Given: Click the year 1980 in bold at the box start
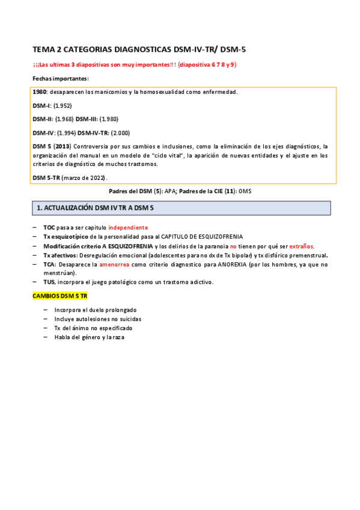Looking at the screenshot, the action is click(40, 92).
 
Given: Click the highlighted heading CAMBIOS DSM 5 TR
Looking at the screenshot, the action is click(59, 297).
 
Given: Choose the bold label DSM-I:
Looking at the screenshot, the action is click(41, 105).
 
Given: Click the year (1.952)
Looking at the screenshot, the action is click(62, 105).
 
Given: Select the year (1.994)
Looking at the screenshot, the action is click(67, 133).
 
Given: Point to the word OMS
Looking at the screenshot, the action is click(246, 191).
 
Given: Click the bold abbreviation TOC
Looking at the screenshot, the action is click(50, 227).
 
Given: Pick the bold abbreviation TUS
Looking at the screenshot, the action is click(49, 282).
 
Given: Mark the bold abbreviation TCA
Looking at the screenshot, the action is click(49, 264).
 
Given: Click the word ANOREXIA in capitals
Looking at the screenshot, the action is click(222, 264).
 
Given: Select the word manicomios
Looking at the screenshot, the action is click(114, 92).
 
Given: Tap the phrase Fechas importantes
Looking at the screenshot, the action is click(60, 79).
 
